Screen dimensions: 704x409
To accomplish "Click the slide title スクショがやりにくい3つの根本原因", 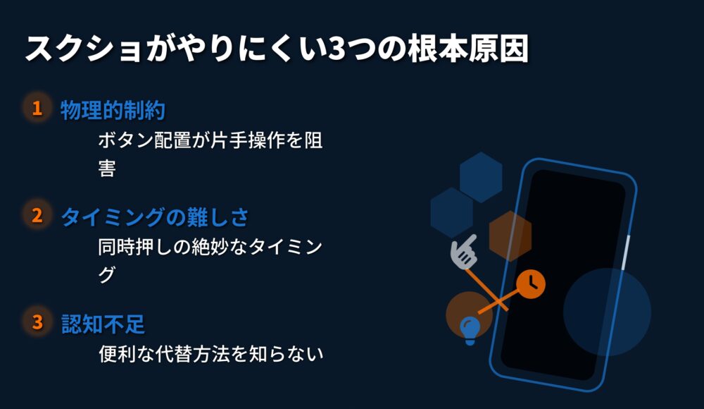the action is [x=277, y=48].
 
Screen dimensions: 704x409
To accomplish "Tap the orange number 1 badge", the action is [x=37, y=108].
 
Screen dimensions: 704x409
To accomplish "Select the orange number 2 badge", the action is [x=37, y=215].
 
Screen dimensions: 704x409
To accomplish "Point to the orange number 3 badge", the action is [x=37, y=322].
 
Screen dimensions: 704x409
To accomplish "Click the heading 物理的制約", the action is [x=113, y=110].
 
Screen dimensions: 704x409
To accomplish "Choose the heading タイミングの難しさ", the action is [x=154, y=217].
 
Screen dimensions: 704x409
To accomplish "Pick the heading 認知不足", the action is [x=103, y=324].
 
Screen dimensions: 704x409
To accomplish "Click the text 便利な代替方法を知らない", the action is [x=211, y=354].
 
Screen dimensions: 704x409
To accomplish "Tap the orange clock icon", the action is [x=531, y=284].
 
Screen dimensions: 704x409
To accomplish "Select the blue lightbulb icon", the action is [x=470, y=331].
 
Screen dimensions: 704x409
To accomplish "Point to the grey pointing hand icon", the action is [x=464, y=252].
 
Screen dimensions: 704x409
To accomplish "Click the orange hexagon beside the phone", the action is [x=510, y=236].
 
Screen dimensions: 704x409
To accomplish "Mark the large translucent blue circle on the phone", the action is [x=607, y=312].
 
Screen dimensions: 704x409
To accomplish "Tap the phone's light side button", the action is [x=625, y=252].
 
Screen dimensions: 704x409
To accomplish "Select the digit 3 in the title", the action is [x=337, y=49].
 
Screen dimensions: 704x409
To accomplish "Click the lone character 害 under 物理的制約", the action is [x=107, y=168].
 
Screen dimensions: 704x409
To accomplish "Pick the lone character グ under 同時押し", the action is [x=107, y=274].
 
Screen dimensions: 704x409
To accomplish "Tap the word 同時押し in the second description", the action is [x=135, y=247].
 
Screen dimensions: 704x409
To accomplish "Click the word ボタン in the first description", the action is [x=126, y=140].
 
